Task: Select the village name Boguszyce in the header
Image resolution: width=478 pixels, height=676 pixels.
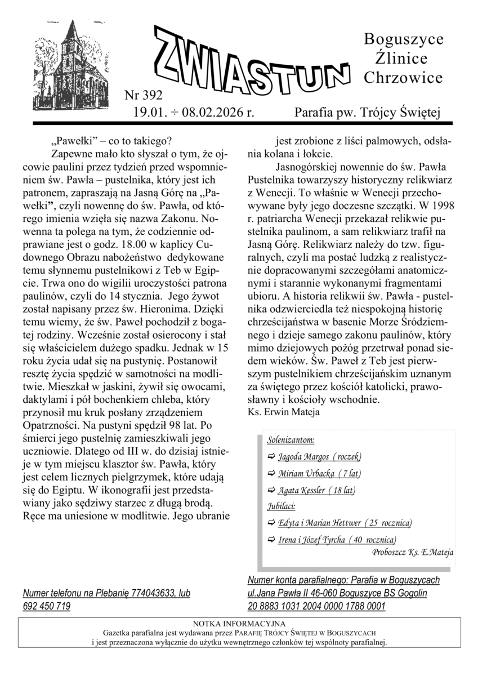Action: click(x=404, y=39)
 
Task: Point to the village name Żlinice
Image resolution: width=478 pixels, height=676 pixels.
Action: click(x=400, y=59)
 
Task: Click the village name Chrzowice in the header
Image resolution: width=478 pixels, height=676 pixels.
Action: click(x=403, y=78)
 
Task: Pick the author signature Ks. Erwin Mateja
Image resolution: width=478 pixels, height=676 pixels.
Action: click(x=283, y=412)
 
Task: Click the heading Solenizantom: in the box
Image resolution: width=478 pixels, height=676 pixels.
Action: click(x=291, y=440)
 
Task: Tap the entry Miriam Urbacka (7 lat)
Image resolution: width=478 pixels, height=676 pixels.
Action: click(x=319, y=473)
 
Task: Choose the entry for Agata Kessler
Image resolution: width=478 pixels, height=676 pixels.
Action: click(x=316, y=490)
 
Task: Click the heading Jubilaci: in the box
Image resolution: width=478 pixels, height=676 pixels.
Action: click(x=282, y=506)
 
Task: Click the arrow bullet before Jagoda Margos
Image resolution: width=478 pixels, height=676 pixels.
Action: click(x=271, y=456)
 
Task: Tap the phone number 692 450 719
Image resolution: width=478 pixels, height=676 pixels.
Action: click(x=47, y=606)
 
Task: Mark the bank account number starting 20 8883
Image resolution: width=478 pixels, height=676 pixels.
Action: click(x=316, y=606)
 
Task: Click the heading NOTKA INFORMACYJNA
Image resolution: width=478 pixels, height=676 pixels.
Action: click(x=239, y=624)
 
